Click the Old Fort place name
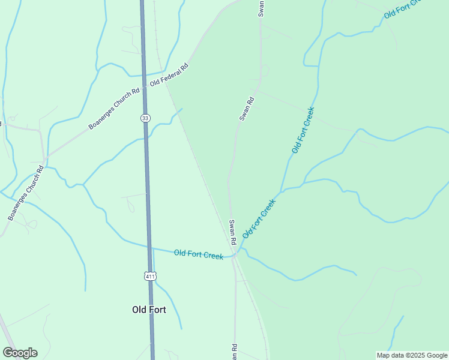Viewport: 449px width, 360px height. (x=149, y=310)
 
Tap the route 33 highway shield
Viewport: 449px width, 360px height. (x=145, y=118)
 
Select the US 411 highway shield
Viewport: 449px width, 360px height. (x=150, y=276)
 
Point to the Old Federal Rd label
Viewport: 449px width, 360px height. (x=169, y=74)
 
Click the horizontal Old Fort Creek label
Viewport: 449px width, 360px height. (x=198, y=254)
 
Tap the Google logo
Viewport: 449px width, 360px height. (x=20, y=353)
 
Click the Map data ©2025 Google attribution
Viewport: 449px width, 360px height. (x=412, y=355)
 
